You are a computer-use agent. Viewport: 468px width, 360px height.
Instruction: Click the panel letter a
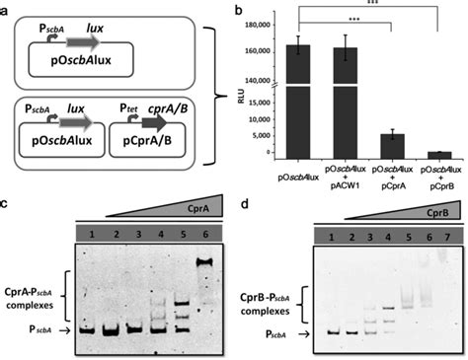tap(7, 8)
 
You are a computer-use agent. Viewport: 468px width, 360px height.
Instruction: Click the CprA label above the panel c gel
tap(204, 209)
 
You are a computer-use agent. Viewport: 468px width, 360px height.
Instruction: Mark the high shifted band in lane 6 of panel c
tap(206, 262)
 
